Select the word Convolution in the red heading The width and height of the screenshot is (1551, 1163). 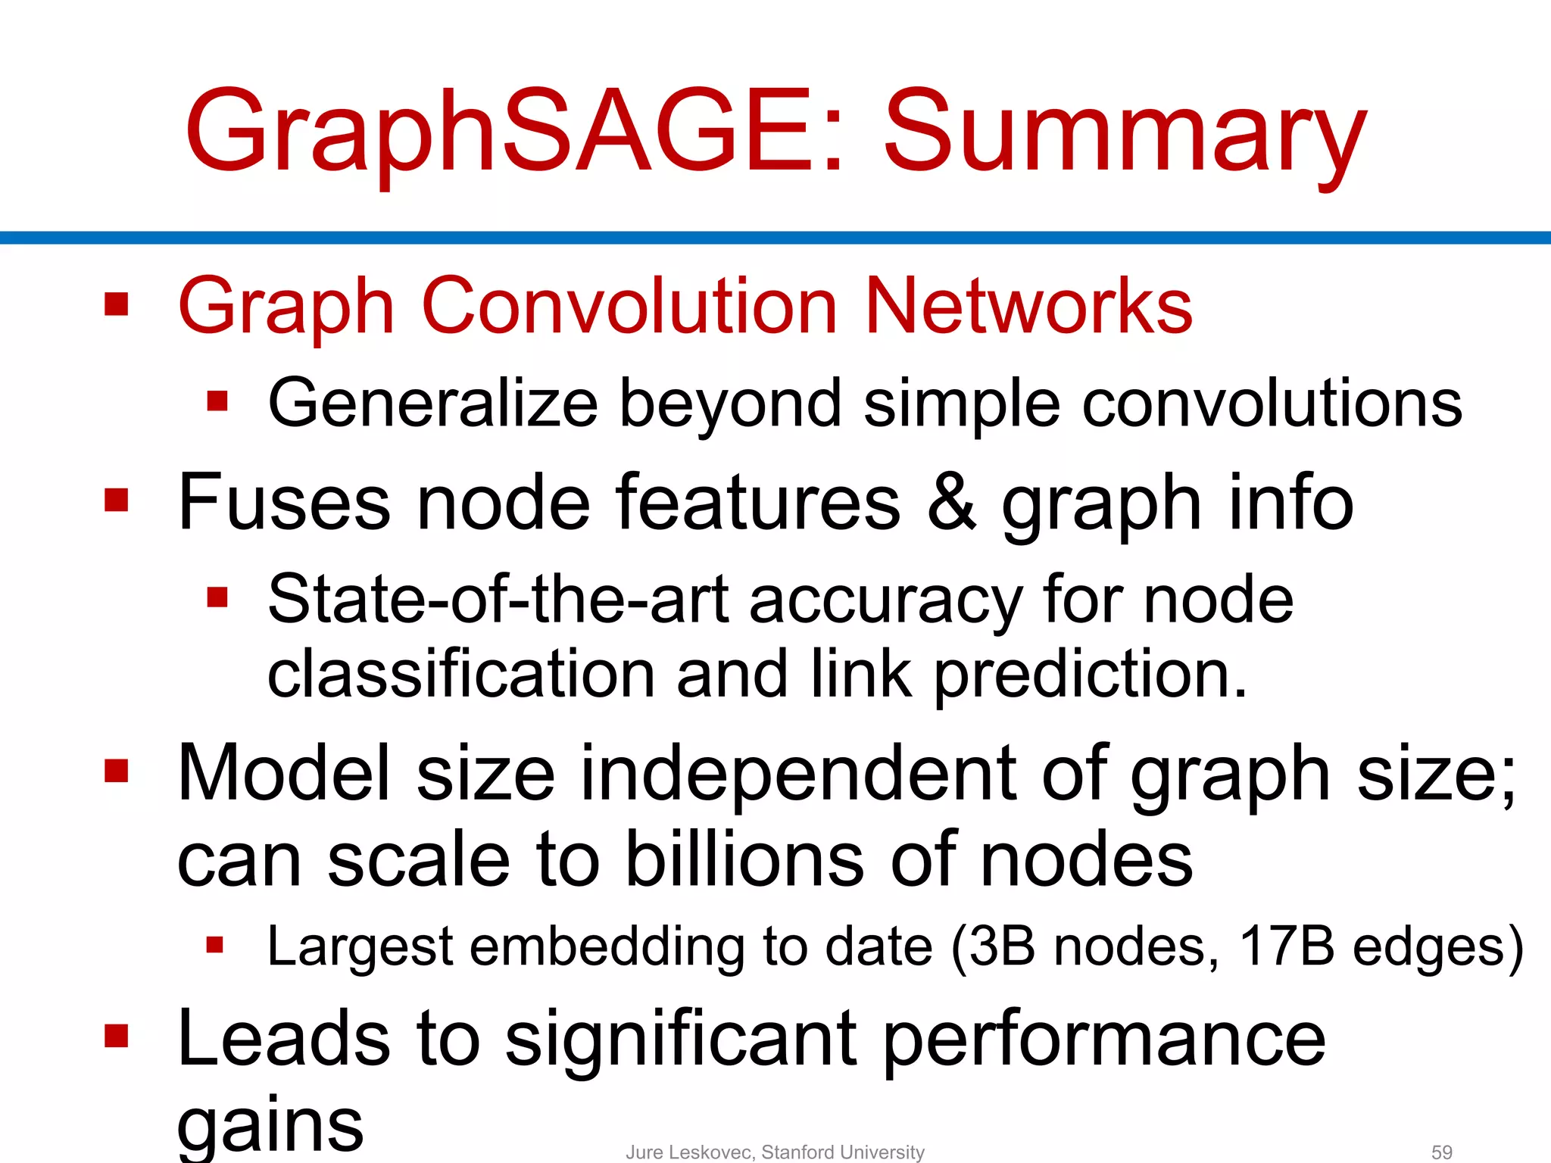629,306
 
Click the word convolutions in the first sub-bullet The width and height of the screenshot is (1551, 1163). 1272,404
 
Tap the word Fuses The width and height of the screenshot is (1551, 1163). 284,503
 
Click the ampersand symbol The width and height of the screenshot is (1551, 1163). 951,503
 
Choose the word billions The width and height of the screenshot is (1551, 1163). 745,860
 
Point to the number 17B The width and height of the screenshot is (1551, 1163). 1286,946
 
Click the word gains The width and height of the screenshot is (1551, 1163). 270,1124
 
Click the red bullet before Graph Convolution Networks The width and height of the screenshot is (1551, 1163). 117,305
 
